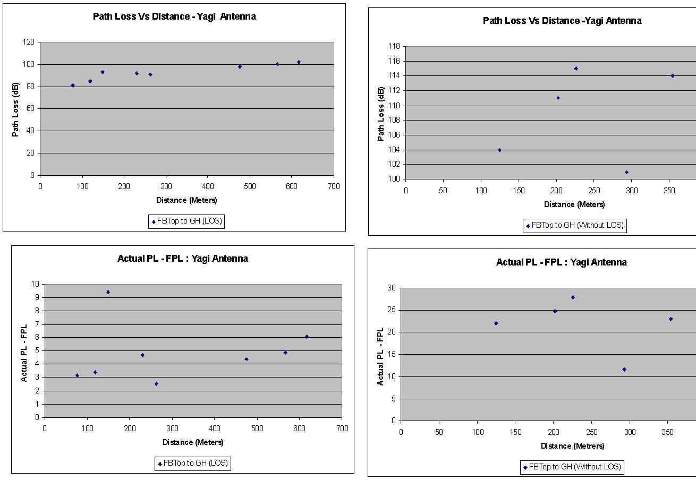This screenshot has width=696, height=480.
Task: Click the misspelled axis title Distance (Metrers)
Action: click(572, 446)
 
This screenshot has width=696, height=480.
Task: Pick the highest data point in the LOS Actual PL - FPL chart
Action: click(108, 292)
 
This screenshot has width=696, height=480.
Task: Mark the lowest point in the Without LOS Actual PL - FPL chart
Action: click(624, 370)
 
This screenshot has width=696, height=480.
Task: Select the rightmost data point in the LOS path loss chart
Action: click(299, 62)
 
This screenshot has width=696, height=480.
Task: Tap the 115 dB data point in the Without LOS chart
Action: click(575, 68)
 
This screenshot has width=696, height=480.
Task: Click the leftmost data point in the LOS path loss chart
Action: click(73, 85)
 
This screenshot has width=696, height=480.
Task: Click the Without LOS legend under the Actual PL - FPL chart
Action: click(572, 467)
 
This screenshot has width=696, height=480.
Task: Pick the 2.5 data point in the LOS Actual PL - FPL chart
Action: click(156, 383)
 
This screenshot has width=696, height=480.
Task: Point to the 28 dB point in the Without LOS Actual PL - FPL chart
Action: click(573, 297)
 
